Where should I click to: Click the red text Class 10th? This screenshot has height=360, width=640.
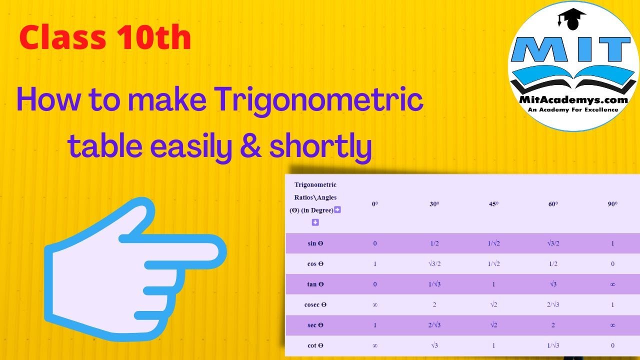pos(105,38)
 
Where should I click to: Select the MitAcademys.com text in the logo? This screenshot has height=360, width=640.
pos(573,99)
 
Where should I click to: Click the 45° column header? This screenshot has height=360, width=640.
pos(493,204)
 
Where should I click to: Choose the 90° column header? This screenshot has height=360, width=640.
pos(612,204)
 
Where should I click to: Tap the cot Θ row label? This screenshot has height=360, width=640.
pos(315,345)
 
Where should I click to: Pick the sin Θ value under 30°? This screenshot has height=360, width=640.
pos(434,243)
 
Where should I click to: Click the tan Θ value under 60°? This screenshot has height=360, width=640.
pos(552,284)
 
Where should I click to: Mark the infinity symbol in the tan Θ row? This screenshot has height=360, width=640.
pos(612,284)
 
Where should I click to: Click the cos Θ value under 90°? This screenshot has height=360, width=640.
pos(612,264)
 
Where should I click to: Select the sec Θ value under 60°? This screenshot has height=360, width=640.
pos(552,325)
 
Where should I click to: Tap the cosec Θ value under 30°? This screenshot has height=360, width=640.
pos(434,304)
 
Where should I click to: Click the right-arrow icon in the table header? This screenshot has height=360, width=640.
pos(337,210)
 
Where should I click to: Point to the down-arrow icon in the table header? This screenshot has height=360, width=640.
pos(315,222)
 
